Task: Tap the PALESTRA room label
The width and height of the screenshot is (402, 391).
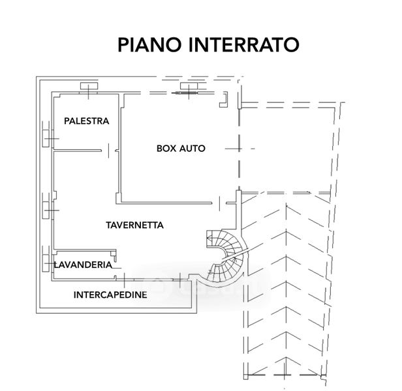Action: (86, 121)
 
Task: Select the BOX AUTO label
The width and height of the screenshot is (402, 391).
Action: (181, 149)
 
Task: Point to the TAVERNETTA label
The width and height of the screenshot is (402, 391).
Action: (134, 225)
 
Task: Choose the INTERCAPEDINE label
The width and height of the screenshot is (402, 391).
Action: (110, 295)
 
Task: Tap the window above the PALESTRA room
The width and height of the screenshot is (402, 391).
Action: (87, 87)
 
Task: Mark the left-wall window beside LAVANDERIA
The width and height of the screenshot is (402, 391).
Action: (48, 261)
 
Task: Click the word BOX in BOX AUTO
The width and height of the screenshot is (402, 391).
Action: (166, 149)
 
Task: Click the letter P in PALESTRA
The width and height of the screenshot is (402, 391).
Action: (67, 121)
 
